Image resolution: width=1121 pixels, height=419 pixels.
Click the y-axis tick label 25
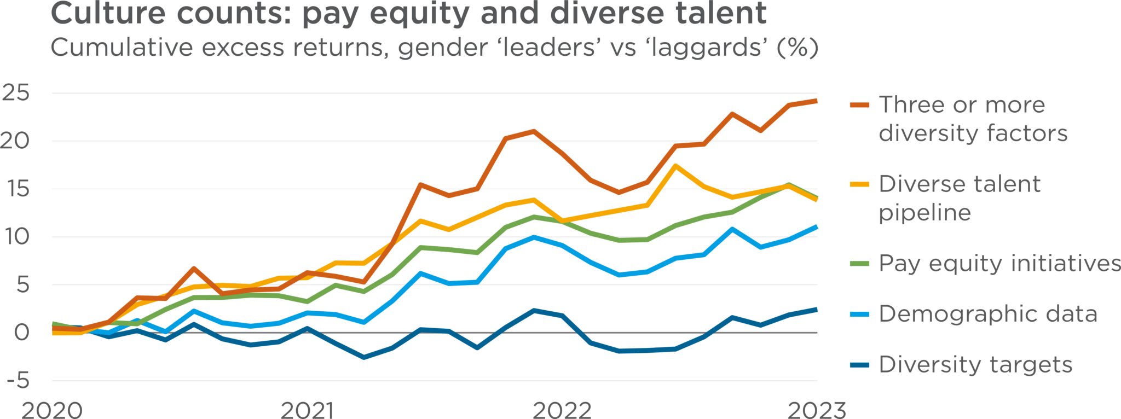click(x=15, y=93)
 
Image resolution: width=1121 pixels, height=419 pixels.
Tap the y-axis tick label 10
click(x=15, y=237)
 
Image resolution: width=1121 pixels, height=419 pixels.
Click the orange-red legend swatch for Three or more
click(x=859, y=104)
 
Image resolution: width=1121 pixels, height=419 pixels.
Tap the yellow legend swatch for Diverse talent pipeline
click(x=859, y=184)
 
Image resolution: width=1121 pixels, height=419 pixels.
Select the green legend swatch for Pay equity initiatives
click(x=859, y=264)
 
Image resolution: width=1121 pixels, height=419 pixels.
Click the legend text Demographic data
click(x=988, y=314)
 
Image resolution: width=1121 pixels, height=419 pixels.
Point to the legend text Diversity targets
click(x=975, y=365)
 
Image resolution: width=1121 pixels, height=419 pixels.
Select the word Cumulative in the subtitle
click(x=122, y=48)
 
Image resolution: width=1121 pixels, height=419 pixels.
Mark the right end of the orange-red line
click(x=817, y=101)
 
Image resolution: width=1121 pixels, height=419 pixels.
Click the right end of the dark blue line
click(x=817, y=310)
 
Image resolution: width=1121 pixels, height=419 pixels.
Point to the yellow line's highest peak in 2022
click(x=677, y=165)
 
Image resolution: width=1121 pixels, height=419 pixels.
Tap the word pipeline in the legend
click(x=924, y=213)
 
